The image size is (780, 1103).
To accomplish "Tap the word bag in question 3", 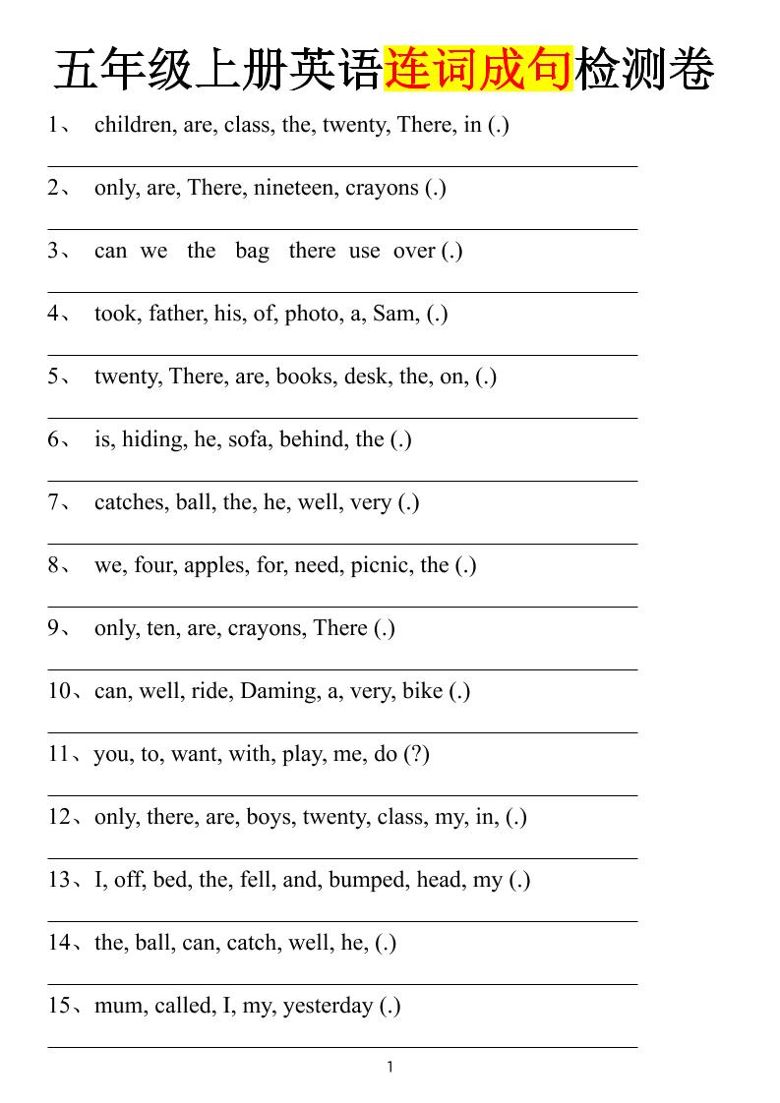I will click(x=252, y=251).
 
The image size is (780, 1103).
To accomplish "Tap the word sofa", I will click(x=251, y=439).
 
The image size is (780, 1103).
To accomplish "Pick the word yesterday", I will click(x=328, y=1006).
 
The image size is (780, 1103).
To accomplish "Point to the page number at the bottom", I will click(x=390, y=1068).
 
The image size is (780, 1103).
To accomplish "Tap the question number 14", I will click(x=60, y=943).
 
